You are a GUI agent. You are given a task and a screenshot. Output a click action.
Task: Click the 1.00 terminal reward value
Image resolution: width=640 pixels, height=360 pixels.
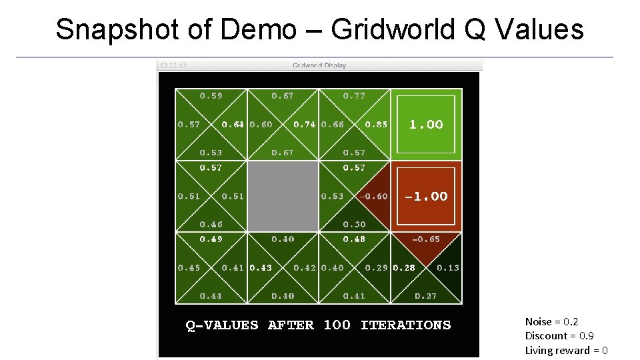coord(426,125)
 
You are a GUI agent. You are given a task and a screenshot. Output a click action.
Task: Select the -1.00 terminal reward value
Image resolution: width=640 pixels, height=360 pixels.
coord(426,197)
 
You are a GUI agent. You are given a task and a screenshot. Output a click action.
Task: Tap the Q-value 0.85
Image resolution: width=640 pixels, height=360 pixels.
coord(376,125)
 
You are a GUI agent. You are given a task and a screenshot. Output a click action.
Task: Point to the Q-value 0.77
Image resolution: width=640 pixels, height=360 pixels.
coord(354,96)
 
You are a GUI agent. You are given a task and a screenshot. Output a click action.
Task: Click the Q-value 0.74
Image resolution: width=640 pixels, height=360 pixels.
coord(304,125)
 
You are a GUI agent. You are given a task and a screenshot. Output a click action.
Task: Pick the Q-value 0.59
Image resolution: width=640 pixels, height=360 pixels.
coord(211,96)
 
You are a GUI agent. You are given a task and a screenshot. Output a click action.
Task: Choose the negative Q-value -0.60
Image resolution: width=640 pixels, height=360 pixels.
coord(373,197)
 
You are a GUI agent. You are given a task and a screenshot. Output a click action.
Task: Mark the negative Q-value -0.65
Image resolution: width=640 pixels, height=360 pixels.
coord(426,239)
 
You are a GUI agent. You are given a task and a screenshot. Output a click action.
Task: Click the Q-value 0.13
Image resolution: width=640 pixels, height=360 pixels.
coord(447,268)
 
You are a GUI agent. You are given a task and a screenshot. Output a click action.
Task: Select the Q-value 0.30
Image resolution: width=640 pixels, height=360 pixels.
coord(354,225)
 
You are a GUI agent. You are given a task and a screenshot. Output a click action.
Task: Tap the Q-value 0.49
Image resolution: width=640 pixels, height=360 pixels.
coord(211,239)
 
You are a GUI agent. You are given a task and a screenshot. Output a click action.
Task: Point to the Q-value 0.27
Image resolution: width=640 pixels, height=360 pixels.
coord(426,296)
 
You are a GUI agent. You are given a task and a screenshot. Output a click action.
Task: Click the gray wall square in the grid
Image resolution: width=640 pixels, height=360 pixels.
coord(283,196)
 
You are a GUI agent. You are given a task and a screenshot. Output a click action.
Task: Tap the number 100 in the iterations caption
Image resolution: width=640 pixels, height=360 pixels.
coord(337,325)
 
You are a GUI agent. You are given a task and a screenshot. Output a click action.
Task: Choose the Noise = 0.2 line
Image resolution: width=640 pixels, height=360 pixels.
coord(551,322)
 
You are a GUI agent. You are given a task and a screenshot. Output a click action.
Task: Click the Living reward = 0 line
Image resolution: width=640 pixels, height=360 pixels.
coord(566,351)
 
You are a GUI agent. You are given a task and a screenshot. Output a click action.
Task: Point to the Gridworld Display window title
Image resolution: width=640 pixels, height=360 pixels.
coord(319,65)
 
